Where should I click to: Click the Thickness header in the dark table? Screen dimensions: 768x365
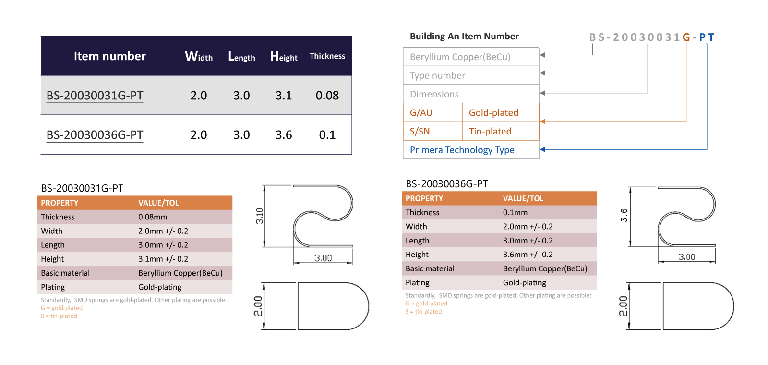point(327,56)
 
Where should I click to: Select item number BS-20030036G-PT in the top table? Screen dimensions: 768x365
point(95,135)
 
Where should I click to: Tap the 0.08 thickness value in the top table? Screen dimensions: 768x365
point(327,96)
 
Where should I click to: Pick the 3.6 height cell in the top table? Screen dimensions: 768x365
point(284,135)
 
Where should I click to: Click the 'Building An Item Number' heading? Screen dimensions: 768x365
point(464,36)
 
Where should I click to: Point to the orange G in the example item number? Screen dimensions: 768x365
point(686,37)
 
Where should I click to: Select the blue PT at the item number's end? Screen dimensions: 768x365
point(707,37)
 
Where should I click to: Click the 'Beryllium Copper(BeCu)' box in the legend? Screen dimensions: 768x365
point(471,57)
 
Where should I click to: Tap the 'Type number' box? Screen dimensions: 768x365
point(471,75)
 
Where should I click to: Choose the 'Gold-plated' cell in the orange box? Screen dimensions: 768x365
point(501,112)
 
